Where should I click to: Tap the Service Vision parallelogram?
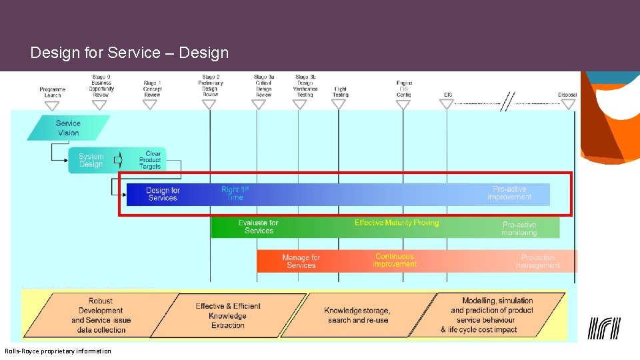(68, 128)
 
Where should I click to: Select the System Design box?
(91, 161)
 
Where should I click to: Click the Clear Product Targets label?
(150, 160)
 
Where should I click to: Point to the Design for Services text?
(163, 194)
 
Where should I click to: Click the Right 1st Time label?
(235, 193)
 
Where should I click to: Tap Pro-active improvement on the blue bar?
(509, 193)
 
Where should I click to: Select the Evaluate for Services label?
(258, 227)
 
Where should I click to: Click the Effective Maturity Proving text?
(397, 223)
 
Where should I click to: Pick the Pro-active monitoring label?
(519, 229)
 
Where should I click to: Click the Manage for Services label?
(301, 261)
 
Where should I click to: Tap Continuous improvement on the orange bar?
(395, 260)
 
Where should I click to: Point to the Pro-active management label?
(537, 261)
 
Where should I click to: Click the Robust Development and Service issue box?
(101, 315)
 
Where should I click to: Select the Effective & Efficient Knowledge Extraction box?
(228, 315)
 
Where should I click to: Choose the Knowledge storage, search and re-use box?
(358, 315)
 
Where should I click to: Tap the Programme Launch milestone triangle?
(52, 105)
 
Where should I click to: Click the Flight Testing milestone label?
(340, 92)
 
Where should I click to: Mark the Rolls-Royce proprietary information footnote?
(58, 351)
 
